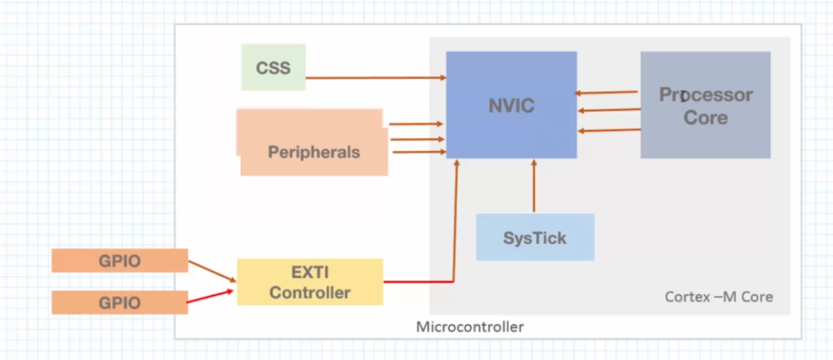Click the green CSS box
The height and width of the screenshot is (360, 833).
[273, 67]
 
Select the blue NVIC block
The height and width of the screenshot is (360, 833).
[511, 104]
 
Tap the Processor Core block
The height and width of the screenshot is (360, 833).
[705, 104]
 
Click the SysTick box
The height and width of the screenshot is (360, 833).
[535, 237]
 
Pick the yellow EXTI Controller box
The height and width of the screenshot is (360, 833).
[310, 281]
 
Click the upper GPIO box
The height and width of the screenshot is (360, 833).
[119, 260]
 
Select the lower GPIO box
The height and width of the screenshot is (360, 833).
[119, 303]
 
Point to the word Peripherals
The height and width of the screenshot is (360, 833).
[314, 153]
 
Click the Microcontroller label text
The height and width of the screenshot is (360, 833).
[470, 327]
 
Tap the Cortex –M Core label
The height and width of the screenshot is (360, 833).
[719, 297]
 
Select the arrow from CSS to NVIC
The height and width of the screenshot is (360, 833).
[376, 78]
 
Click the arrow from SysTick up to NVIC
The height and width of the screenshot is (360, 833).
[534, 185]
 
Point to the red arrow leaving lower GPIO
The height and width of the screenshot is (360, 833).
[210, 296]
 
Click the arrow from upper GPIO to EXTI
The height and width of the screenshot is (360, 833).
[212, 271]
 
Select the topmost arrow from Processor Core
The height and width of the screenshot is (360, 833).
[605, 93]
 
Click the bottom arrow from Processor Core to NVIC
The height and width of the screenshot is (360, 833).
[609, 130]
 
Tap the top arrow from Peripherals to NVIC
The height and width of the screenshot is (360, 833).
[416, 124]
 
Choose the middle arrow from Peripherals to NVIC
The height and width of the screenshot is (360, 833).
[417, 139]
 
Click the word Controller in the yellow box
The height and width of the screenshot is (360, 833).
[310, 293]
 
